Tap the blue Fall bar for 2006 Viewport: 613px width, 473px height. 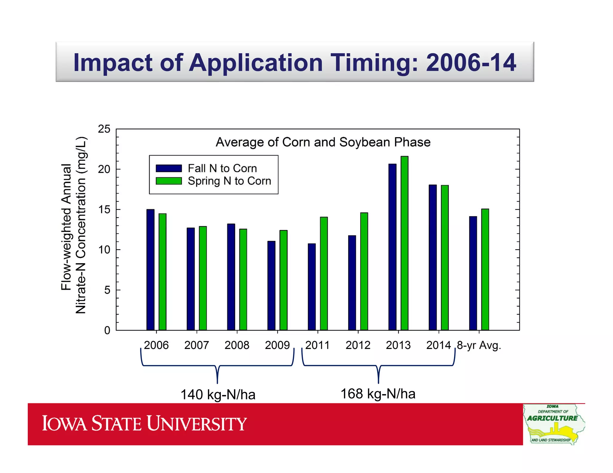coord(150,269)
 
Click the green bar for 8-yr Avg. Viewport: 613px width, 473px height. coord(485,269)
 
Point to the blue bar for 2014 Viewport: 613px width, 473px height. coord(433,257)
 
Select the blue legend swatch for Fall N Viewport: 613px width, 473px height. coord(169,168)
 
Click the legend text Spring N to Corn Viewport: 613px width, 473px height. coord(229,181)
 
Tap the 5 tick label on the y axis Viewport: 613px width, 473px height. coord(107,290)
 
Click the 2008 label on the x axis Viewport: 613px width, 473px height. coord(237,345)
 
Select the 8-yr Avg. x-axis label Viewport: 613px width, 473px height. coord(479,345)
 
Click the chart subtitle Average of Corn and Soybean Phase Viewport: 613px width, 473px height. coord(323,142)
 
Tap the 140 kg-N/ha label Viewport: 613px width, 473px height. coord(218,394)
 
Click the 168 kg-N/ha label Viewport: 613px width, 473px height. coord(378,394)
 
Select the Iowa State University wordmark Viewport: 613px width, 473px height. coord(144,423)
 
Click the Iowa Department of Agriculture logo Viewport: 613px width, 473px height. coord(554,424)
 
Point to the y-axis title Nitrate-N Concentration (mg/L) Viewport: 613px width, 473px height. coord(81,225)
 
